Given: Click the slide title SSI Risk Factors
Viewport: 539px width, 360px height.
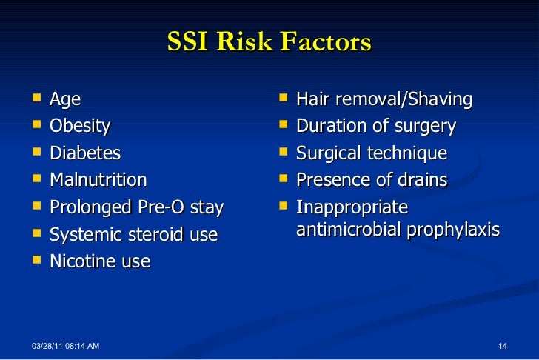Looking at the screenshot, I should coord(269,42).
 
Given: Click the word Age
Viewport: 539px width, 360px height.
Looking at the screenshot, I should coord(65,99).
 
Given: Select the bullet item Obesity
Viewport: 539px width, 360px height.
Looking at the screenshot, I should coord(80,126).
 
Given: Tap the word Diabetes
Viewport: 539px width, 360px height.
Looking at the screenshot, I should coord(85,153).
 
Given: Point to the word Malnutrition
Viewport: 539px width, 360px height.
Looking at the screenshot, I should coord(98,180).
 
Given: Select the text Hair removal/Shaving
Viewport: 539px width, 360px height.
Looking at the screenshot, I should coord(384,99).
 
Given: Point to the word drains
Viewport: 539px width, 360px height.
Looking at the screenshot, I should coord(421,180).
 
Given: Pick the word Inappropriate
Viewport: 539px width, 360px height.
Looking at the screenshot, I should coord(352,208).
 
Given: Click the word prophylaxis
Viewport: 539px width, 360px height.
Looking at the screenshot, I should coord(456,230).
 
